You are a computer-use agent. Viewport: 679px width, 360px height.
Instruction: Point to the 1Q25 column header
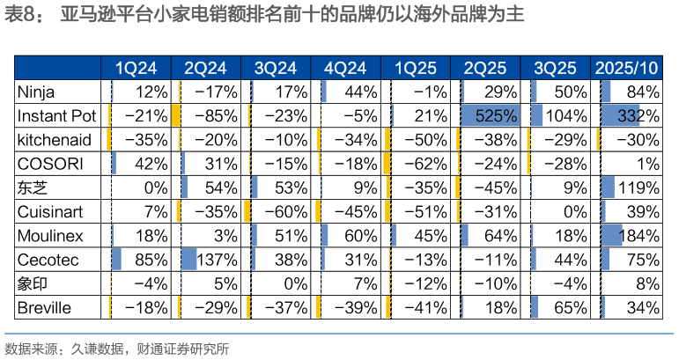coord(415,68)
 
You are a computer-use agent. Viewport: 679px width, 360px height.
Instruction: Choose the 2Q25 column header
coord(485,68)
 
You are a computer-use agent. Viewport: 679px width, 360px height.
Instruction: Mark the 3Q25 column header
coord(555,68)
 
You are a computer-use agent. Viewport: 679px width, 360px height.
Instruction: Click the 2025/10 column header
coord(626,68)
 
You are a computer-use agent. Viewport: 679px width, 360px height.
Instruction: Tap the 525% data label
coord(497,115)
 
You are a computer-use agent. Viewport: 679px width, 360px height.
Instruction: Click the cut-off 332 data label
coord(629,115)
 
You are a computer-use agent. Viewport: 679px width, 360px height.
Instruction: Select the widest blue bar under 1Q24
coord(116,259)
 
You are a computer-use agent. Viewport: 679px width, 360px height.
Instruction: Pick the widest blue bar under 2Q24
coord(188,259)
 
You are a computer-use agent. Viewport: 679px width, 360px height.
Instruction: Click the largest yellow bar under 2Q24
coord(176,115)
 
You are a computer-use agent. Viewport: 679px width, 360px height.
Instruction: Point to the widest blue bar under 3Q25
coord(536,115)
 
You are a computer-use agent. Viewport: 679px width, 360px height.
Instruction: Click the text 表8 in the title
coord(21,17)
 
